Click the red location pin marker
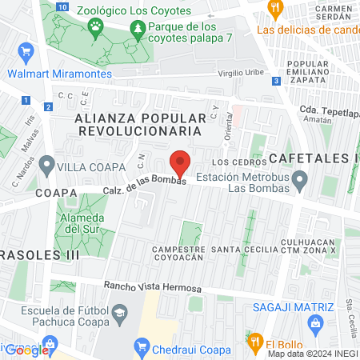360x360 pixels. click(x=181, y=163)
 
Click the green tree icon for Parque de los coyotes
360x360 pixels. click(x=139, y=30)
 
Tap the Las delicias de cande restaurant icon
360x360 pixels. click(x=275, y=10)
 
